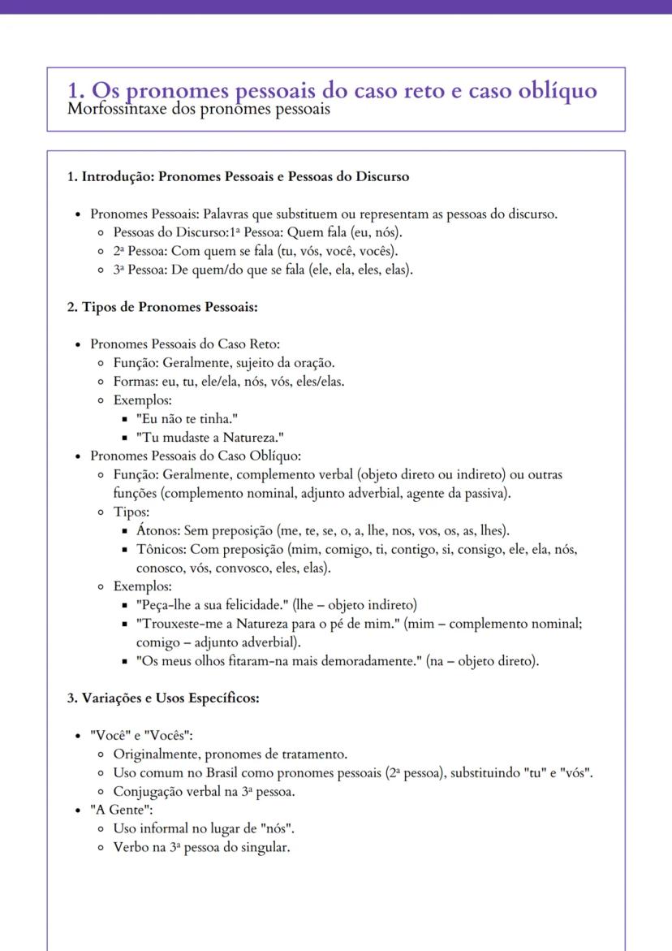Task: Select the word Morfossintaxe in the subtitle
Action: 113,110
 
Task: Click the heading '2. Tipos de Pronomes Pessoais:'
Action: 162,307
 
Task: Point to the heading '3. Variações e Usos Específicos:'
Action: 162,697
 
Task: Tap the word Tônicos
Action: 161,550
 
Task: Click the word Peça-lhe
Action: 165,605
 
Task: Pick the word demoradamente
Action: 372,661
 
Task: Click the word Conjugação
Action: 148,791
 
